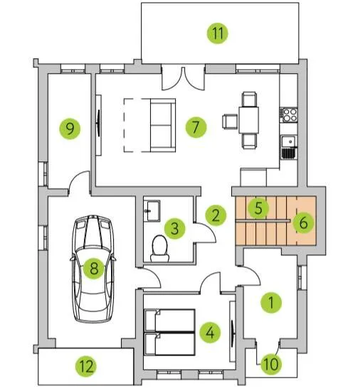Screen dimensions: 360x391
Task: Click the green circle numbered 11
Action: pos(218,33)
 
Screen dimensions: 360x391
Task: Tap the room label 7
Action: pos(196,127)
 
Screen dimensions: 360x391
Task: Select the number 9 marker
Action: pos(70,129)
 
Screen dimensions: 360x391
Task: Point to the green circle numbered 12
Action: pos(86,366)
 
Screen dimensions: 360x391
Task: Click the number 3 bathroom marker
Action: pos(175,228)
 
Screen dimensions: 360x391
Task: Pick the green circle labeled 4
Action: pos(210,332)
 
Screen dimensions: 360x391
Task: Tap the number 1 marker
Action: pos(271,302)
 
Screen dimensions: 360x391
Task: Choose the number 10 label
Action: pos(271,364)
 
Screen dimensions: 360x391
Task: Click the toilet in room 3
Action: pos(159,248)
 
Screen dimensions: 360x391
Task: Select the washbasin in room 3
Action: pos(152,210)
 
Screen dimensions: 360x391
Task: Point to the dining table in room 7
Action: pos(248,120)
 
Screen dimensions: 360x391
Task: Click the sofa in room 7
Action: pos(163,125)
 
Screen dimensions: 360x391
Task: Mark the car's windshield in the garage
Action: pos(92,237)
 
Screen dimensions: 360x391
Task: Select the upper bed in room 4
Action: pos(169,321)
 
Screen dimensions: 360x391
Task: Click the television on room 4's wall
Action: pos(233,333)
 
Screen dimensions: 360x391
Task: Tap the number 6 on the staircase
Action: pos(303,223)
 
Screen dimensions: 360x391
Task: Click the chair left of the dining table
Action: pos(230,122)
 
